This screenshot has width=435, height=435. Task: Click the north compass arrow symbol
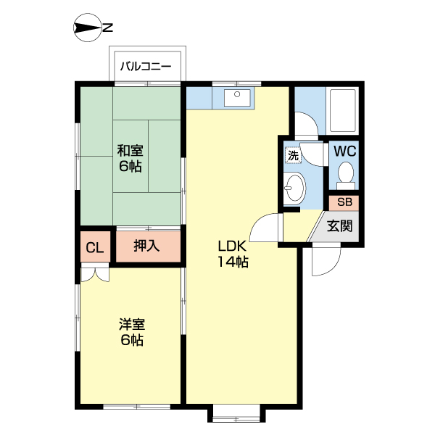point(87,28)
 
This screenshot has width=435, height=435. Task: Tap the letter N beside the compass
point(107,28)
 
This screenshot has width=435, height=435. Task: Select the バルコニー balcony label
point(145,67)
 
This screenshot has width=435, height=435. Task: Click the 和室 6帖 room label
point(130,159)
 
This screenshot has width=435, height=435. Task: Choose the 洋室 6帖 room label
point(130,332)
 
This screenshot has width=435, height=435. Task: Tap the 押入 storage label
point(146,246)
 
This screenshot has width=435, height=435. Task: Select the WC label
point(344,152)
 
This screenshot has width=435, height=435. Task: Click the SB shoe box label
point(344,202)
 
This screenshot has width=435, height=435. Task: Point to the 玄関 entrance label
point(339,225)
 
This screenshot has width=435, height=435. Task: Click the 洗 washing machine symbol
point(293,155)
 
